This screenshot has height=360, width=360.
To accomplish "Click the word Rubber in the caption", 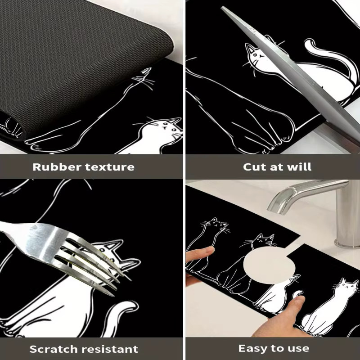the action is click(x=57, y=167).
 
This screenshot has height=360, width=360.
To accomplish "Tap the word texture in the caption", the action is click(x=110, y=167).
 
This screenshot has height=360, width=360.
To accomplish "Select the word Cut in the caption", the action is click(x=255, y=167).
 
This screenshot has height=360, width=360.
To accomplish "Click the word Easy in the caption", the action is click(x=254, y=349).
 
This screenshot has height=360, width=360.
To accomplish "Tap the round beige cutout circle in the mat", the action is click(x=269, y=265).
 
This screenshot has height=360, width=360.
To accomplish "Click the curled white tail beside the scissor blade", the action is click(x=331, y=58).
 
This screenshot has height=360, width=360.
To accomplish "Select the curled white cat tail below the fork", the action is click(x=121, y=315).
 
